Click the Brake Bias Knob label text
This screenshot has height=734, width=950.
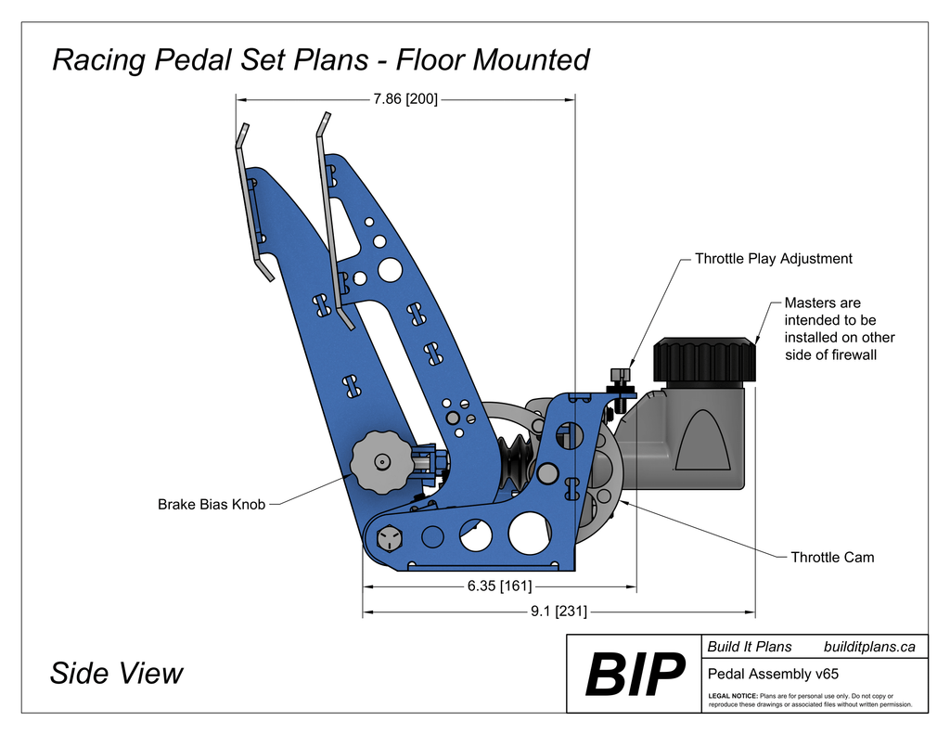pos(212,505)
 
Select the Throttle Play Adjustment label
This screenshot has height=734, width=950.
pos(773,259)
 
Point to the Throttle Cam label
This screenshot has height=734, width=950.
pos(831,558)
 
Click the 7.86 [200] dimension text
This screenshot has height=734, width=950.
pos(404,97)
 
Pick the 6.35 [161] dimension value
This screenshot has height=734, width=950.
pos(499,586)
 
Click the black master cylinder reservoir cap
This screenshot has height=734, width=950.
pos(704,359)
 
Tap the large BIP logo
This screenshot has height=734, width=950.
pos(635,676)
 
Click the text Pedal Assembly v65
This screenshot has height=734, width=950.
pos(773,674)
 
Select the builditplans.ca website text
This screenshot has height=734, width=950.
pos(869,647)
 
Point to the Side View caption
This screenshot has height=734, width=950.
pos(117,673)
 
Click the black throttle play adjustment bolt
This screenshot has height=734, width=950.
pos(619,383)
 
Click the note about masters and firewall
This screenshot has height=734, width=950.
pos(839,328)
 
